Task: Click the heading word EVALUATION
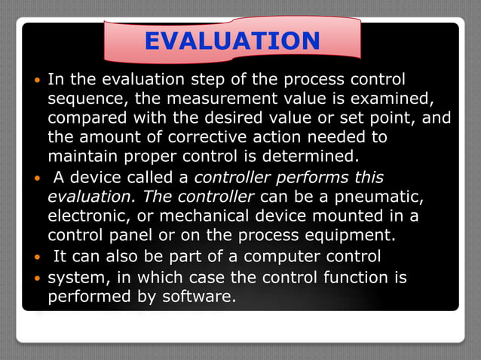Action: pos(231,41)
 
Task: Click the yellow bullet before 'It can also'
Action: pos(38,258)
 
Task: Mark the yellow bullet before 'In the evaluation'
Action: pos(38,81)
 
